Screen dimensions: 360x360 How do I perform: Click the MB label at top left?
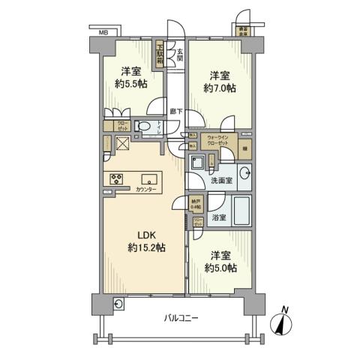[103, 33]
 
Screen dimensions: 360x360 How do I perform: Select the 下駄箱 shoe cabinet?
[161, 54]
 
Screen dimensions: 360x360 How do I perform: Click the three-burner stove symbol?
[116, 178]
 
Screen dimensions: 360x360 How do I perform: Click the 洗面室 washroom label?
[222, 181]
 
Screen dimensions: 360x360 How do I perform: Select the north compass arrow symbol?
[283, 322]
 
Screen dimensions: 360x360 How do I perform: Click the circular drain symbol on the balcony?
[118, 304]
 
